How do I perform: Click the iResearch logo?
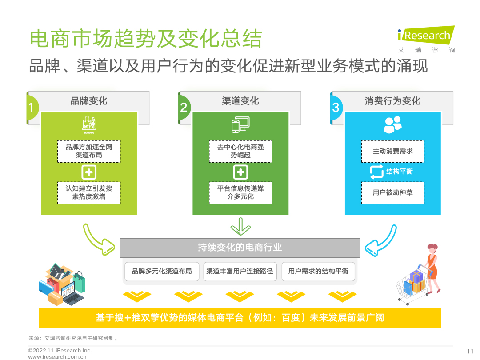coord(426,39)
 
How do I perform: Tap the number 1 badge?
coord(32,108)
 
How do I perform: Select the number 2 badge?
coord(184,108)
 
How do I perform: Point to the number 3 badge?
coord(336,108)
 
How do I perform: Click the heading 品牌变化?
coord(89,101)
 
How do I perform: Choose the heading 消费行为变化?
coord(392,101)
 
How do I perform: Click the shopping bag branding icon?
coord(89,124)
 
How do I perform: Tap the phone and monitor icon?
coord(240,124)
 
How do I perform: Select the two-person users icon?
coord(393,124)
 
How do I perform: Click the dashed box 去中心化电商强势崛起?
coord(240,151)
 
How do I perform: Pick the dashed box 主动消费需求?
coord(393,151)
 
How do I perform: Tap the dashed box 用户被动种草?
coord(393,192)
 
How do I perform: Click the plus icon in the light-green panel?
coord(89,172)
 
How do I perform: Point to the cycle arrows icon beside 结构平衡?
coord(376,172)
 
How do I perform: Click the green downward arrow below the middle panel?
coord(240,227)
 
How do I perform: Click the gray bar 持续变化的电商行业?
coord(240,248)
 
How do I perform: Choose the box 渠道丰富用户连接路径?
coord(240,271)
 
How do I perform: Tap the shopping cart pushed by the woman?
coord(411,286)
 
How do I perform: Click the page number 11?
coord(470,351)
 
